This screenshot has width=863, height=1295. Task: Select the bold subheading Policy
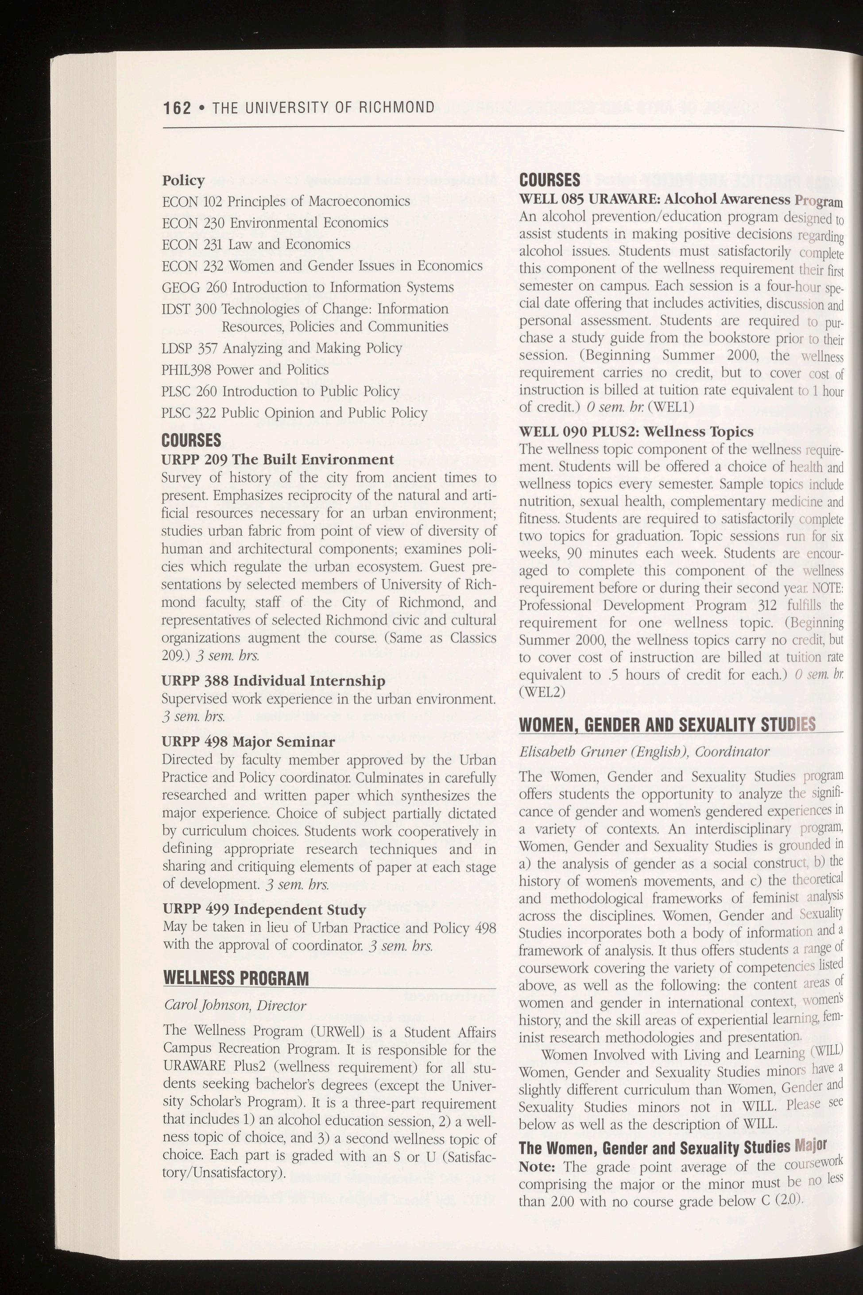183,181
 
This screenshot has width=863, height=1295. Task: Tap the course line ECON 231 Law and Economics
256,244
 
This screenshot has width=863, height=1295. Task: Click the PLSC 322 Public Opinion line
294,413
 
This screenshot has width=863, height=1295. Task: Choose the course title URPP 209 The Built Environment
277,460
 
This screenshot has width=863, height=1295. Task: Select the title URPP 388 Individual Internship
273,681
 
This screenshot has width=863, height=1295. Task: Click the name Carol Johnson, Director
235,1005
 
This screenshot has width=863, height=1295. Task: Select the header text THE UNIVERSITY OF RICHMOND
324,107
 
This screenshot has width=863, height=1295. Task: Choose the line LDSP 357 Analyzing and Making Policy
282,348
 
